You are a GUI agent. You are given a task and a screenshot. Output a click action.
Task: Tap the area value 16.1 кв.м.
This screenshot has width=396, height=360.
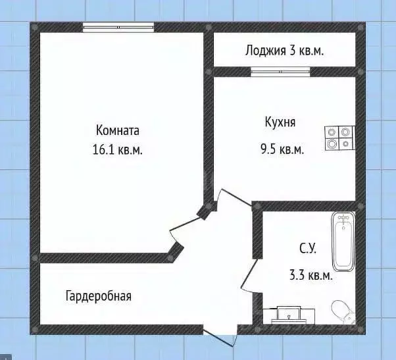pyautogui.click(x=118, y=149)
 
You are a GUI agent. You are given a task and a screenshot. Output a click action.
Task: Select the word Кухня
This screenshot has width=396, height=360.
pyautogui.click(x=280, y=122)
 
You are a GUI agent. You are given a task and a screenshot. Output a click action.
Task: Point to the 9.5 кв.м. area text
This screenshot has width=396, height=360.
pyautogui.click(x=282, y=149)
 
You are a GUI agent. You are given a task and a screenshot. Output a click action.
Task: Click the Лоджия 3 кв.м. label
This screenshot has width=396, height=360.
pyautogui.click(x=284, y=50)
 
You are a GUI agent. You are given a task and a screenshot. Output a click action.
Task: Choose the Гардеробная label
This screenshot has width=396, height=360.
pyautogui.click(x=98, y=296)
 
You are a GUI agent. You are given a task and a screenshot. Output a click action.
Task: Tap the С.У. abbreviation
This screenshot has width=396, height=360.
pyautogui.click(x=309, y=249)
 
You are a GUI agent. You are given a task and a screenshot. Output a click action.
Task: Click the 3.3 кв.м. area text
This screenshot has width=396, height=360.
pyautogui.click(x=310, y=276)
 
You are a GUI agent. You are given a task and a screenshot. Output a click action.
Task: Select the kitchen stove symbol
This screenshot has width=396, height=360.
pyautogui.click(x=339, y=138)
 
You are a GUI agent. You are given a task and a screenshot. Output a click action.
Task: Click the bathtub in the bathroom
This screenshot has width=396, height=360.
pyautogui.click(x=343, y=242)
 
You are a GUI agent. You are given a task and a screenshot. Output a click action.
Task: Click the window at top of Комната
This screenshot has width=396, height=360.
pyautogui.click(x=118, y=26)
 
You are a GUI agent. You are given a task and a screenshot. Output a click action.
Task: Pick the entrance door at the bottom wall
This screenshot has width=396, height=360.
pyautogui.click(x=219, y=335)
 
